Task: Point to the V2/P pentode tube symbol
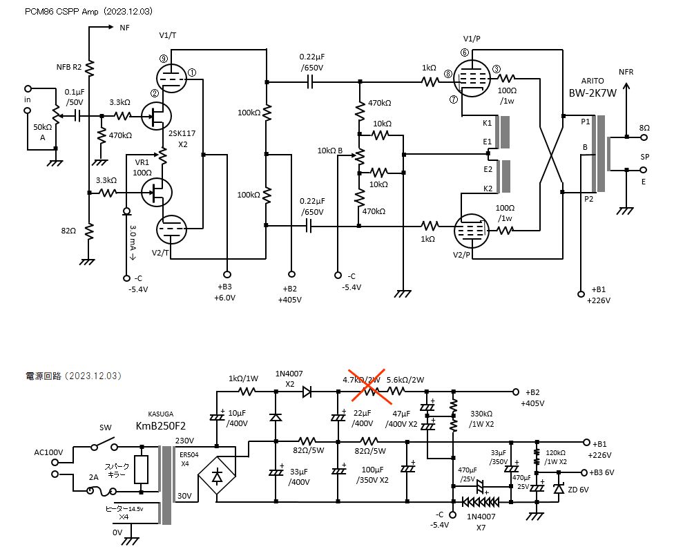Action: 470,231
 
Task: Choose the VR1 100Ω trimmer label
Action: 142,168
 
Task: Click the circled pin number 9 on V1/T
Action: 163,59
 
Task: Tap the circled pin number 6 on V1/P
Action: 464,52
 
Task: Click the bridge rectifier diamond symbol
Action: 217,477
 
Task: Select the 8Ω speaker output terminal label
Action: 644,128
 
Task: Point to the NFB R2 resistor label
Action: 69,67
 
